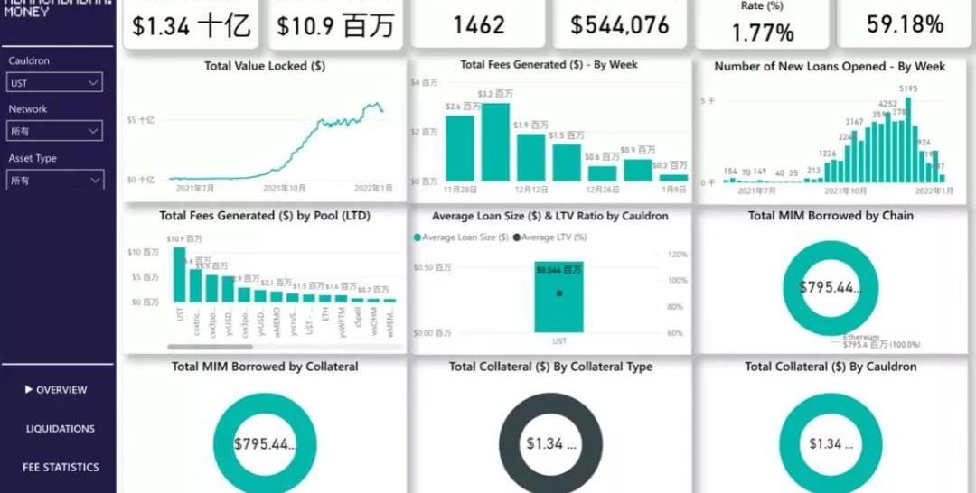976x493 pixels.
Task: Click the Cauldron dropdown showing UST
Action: click(54, 83)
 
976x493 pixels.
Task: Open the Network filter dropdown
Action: click(54, 132)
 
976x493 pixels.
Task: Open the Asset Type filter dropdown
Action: click(54, 181)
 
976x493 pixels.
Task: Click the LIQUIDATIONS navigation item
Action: click(60, 429)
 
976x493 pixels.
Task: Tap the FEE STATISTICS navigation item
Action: click(61, 468)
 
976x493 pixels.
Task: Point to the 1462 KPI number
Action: click(479, 24)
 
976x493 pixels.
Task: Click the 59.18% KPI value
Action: click(905, 24)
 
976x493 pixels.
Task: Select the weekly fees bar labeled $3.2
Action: click(495, 142)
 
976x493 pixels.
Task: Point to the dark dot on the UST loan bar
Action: click(559, 293)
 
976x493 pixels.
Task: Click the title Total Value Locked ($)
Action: click(265, 66)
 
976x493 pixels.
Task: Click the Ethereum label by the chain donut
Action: click(861, 336)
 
